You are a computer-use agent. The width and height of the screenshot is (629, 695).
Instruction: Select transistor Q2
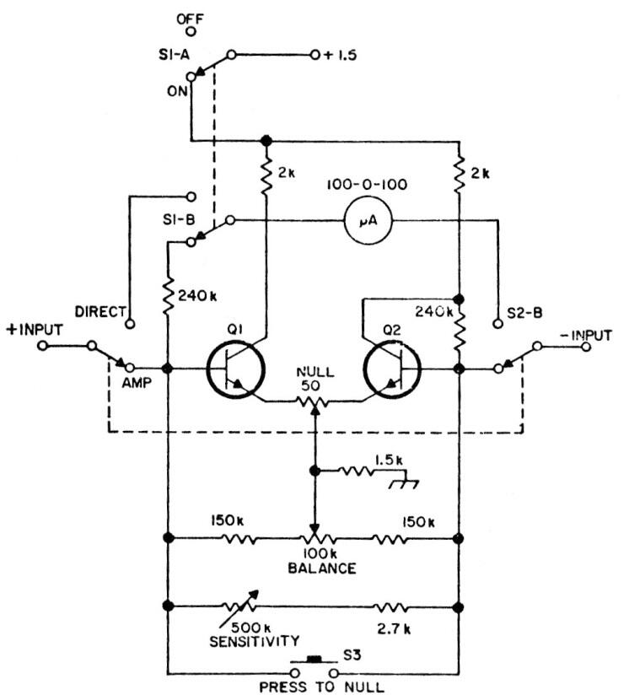pos(392,369)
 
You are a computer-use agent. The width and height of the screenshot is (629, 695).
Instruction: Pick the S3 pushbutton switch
pos(314,663)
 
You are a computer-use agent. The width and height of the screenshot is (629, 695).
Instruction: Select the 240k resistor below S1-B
pos(169,295)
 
